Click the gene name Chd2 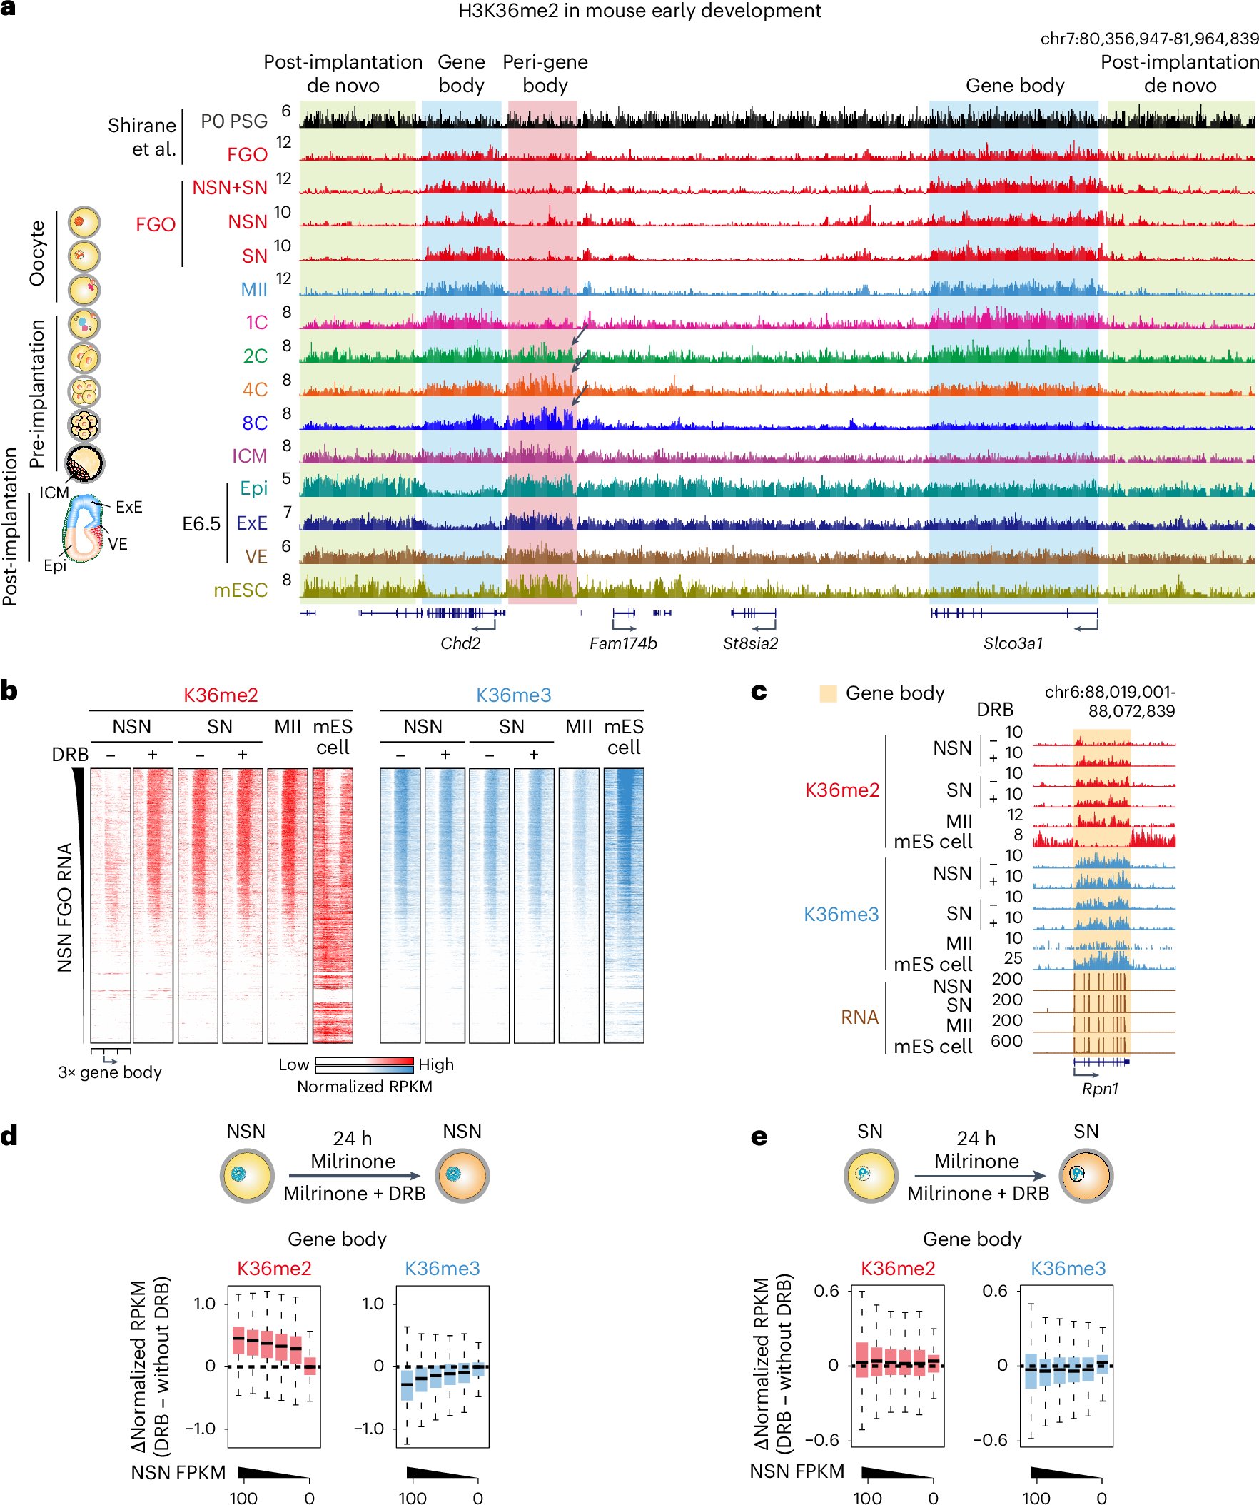[460, 643]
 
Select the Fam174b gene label [622, 643]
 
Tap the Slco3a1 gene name [1013, 643]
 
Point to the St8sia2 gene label [749, 643]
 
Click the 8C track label [254, 423]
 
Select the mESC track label [240, 590]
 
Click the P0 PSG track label [233, 121]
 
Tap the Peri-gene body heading [545, 73]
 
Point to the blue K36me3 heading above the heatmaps [513, 695]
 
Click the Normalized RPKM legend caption [364, 1087]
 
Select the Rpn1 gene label [1099, 1088]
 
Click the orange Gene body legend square [828, 693]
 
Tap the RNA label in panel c [859, 1017]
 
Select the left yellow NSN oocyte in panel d [246, 1176]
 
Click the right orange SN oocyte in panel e [1086, 1176]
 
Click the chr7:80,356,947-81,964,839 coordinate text [1148, 38]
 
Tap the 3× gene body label [110, 1072]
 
